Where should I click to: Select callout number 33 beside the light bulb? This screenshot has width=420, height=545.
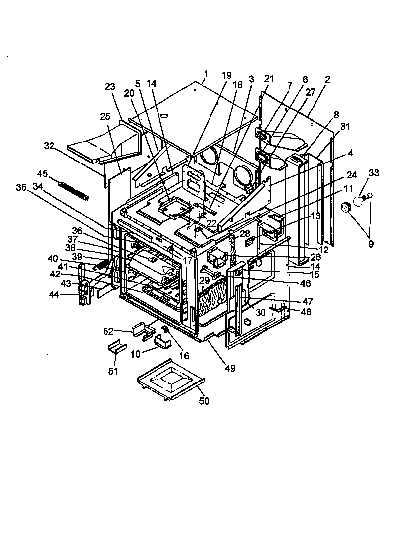374,173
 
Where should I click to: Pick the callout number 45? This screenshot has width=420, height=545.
43,174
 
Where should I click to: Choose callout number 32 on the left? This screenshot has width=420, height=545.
49,146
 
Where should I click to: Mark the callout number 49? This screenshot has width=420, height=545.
230,368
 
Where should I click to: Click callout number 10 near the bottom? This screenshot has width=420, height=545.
134,353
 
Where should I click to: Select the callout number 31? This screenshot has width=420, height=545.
345,126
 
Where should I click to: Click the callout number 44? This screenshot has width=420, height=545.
53,294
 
